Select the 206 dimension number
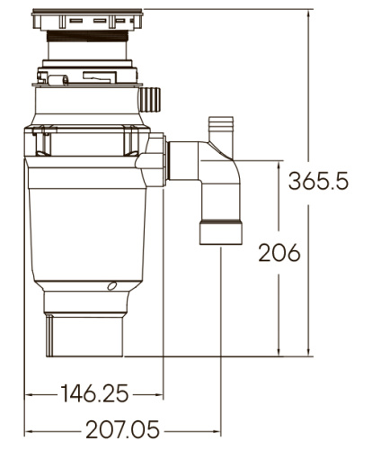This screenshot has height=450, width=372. click(279, 253)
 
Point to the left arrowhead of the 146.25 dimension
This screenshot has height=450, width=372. click(30, 393)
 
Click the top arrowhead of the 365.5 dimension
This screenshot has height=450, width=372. click(313, 11)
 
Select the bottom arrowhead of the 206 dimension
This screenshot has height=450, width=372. click(282, 353)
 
